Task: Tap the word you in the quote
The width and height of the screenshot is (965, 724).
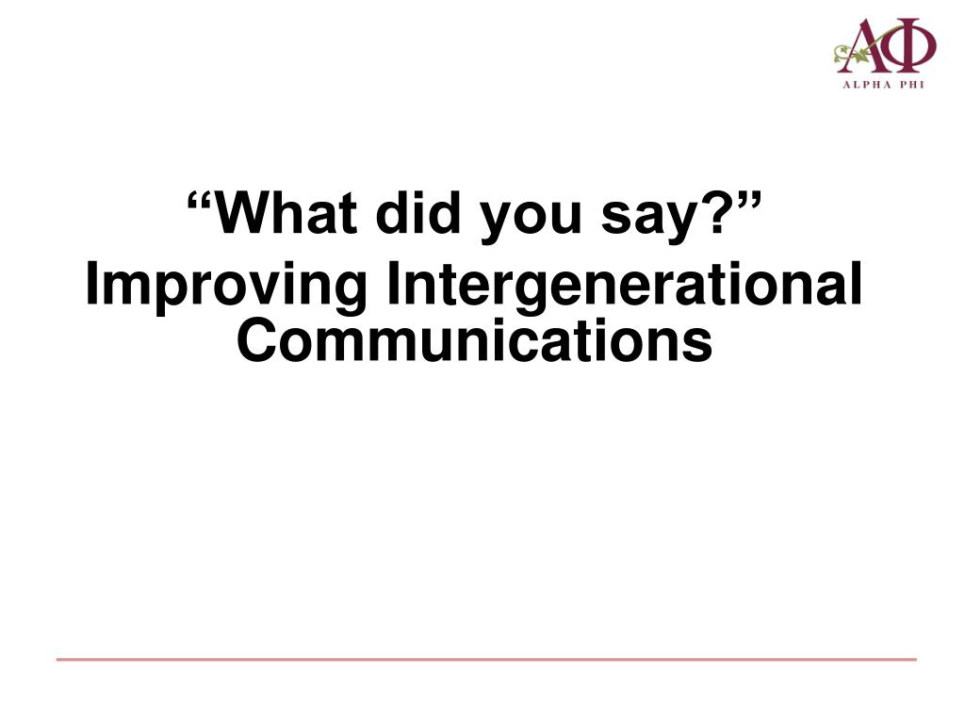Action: [x=531, y=220]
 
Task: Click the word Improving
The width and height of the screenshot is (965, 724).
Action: [x=225, y=288]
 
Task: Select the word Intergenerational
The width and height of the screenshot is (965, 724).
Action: [x=624, y=288]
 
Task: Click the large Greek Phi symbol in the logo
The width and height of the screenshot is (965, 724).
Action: [x=912, y=45]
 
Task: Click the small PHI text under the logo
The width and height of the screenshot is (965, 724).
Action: [x=912, y=85]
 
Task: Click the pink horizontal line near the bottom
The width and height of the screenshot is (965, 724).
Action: [x=486, y=659]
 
